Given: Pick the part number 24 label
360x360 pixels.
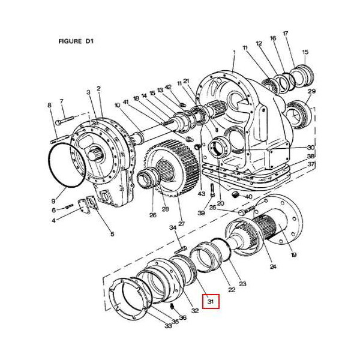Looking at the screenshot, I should (x=274, y=266).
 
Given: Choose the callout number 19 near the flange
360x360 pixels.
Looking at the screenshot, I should (x=294, y=255).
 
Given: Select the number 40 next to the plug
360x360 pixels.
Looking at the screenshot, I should (x=249, y=197).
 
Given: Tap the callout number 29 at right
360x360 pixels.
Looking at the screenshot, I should (x=311, y=91).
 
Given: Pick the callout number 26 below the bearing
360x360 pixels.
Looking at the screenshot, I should (x=152, y=215).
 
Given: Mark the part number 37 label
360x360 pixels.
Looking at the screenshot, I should (x=311, y=164).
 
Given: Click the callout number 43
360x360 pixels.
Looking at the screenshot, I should (x=202, y=194).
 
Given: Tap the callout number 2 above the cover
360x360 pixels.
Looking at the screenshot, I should (x=99, y=88).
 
